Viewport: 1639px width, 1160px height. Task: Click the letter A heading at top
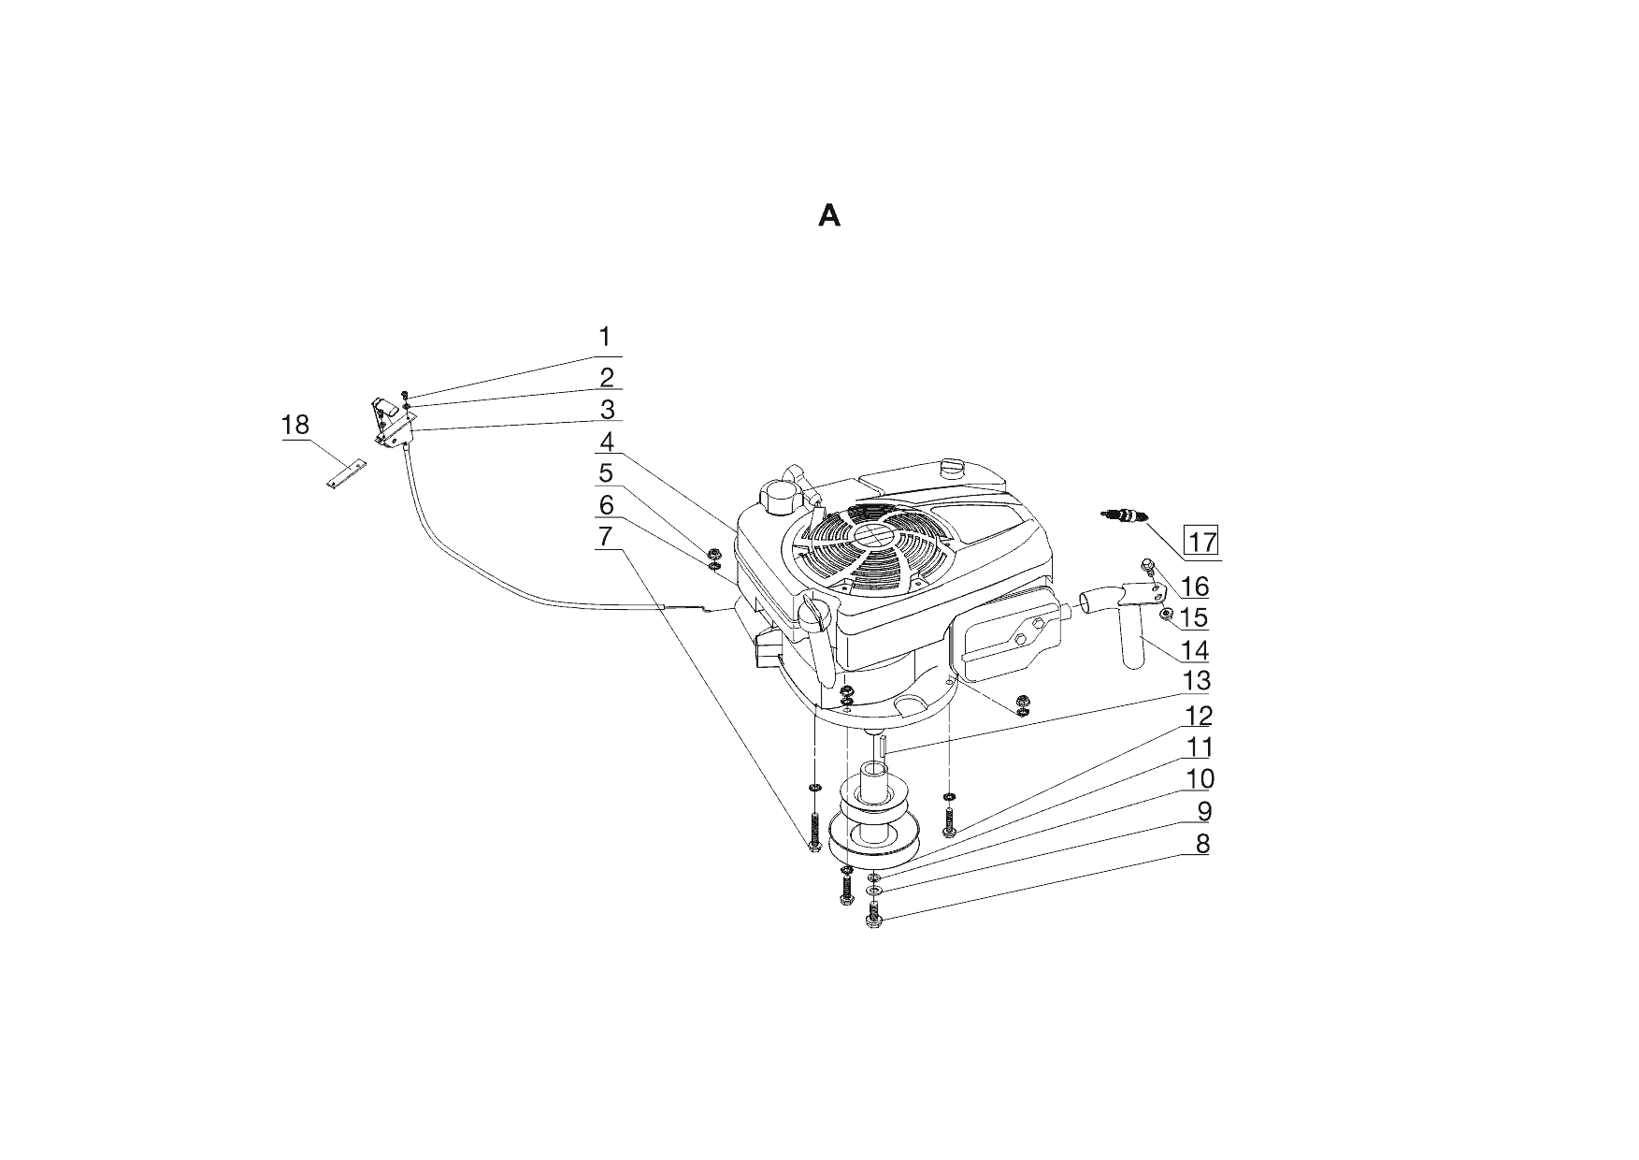(829, 216)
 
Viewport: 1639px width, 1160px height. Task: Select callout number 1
(605, 337)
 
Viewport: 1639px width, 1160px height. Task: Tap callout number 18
(295, 426)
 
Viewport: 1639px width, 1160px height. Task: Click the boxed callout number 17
(1201, 541)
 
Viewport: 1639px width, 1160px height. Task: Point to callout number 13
(1197, 680)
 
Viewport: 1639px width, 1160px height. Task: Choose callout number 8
(1202, 844)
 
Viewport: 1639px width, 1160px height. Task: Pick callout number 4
(607, 442)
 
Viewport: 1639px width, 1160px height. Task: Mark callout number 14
(1196, 649)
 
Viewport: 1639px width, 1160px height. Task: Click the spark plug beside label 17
(1125, 515)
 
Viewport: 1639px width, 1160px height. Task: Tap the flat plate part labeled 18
(346, 471)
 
